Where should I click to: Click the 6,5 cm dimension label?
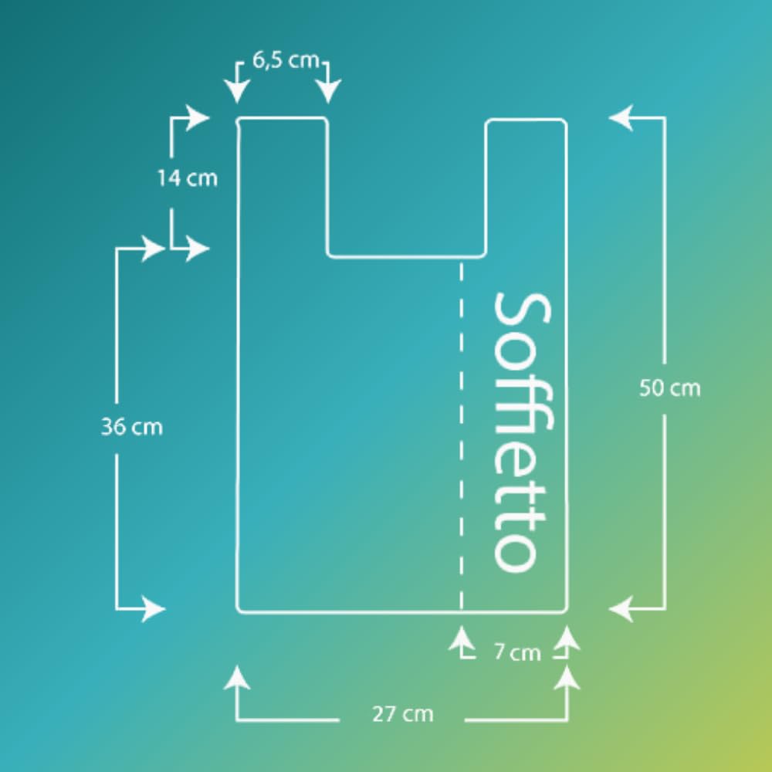(x=286, y=60)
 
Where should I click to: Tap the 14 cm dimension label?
(x=187, y=178)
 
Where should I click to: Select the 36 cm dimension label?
(x=131, y=427)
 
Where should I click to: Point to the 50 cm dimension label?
(x=669, y=388)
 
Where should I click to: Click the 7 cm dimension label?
(x=517, y=652)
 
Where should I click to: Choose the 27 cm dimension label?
(x=403, y=714)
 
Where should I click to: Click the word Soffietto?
(x=523, y=433)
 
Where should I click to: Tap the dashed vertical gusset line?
(x=461, y=435)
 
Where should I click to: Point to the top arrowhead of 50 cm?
(x=621, y=117)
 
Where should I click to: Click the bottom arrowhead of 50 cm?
(x=621, y=609)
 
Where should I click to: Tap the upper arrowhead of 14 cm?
(x=198, y=117)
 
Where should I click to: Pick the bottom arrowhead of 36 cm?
(x=153, y=609)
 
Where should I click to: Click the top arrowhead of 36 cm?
(x=153, y=249)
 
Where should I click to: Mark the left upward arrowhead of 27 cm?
(x=237, y=678)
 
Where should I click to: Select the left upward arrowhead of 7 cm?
(x=462, y=638)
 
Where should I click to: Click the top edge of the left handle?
(x=282, y=118)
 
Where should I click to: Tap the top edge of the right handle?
(x=527, y=120)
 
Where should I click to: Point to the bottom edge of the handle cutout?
(x=407, y=256)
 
